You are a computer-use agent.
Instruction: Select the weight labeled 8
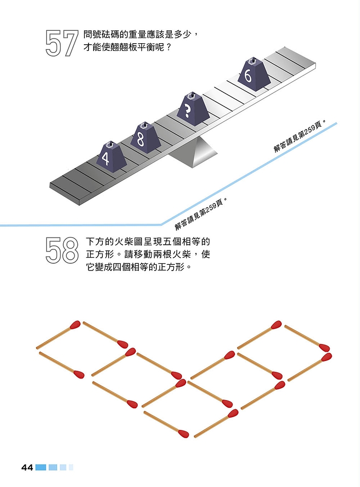tap(145, 138)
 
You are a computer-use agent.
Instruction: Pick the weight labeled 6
tap(254, 74)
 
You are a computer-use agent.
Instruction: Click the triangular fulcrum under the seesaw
tap(193, 152)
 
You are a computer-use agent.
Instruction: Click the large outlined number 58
tap(62, 250)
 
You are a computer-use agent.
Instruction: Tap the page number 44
tap(27, 467)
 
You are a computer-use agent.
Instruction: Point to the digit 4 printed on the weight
tap(105, 159)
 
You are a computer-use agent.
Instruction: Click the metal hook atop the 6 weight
tap(253, 60)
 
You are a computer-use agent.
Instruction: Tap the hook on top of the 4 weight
tap(110, 144)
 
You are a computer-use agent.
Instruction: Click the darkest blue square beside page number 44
tap(41, 467)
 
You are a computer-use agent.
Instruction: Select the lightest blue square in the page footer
tap(71, 467)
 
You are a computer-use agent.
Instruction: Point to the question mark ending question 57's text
tap(168, 48)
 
